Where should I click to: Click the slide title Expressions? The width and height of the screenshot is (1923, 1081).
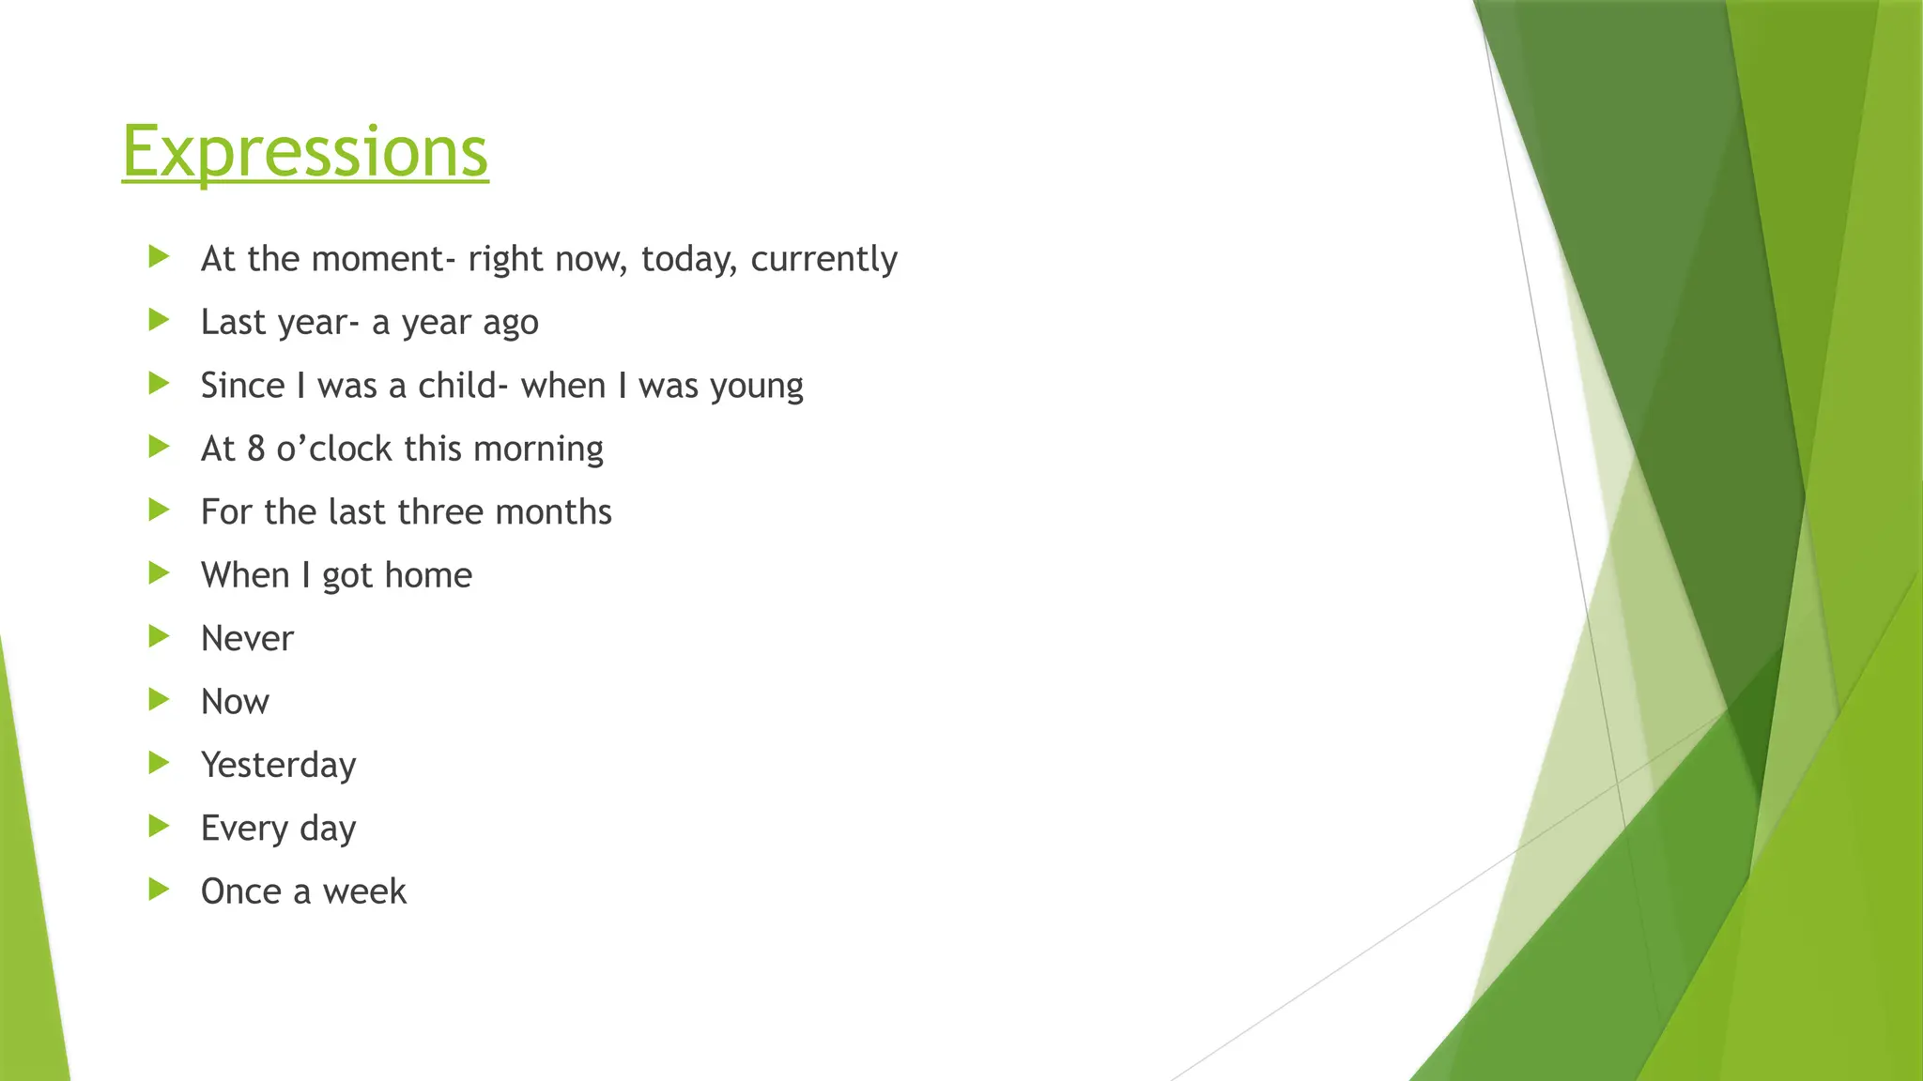305,151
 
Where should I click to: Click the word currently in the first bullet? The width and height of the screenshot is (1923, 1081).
823,259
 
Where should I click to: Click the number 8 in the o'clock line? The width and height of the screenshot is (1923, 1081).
255,449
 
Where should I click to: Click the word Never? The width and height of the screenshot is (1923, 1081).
247,639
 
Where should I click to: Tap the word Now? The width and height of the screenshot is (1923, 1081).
235,702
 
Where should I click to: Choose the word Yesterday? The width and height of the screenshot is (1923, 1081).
279,765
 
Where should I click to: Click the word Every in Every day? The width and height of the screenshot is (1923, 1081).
244,829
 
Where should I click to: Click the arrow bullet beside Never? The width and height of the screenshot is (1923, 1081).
159,637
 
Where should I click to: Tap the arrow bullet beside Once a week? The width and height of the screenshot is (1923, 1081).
159,890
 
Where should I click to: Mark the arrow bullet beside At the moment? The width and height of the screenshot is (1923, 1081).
159,257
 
